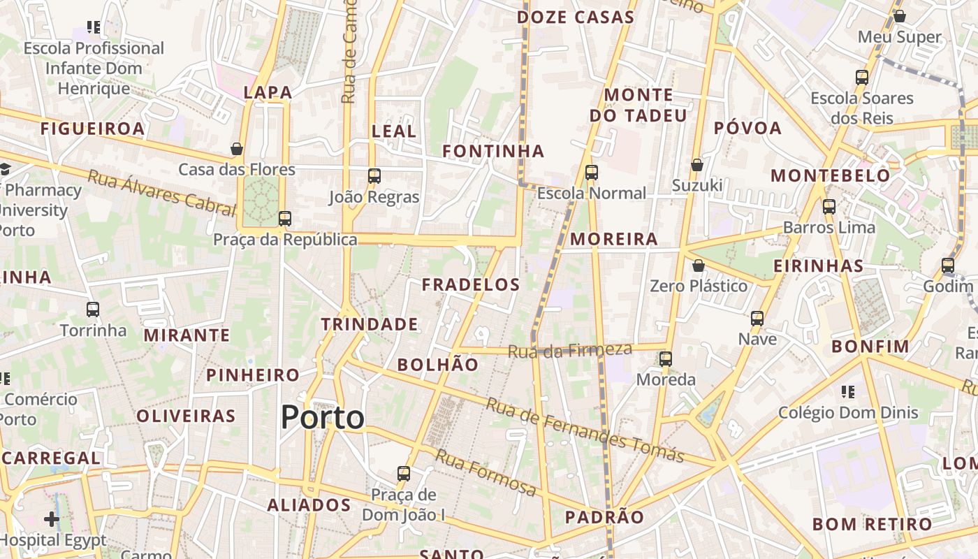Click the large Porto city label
coord(322,418)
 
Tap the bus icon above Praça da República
coord(284,219)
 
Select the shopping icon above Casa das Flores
coord(237,149)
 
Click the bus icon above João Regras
coord(374,176)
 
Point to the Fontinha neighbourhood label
coord(493,151)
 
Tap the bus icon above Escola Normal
coord(592,173)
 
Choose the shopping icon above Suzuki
coord(696,165)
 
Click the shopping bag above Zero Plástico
coord(698,266)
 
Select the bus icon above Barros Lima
coord(829,207)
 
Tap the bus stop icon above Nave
coord(757,319)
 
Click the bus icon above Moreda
coord(666,359)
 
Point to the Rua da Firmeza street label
coord(570,350)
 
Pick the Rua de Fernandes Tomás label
coord(585,430)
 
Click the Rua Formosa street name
coord(486,473)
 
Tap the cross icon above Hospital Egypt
coord(52,519)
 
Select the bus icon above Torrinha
coord(93,310)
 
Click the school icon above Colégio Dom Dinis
coord(848,392)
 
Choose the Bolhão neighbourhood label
coord(438,365)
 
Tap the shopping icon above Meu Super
coord(900,16)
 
